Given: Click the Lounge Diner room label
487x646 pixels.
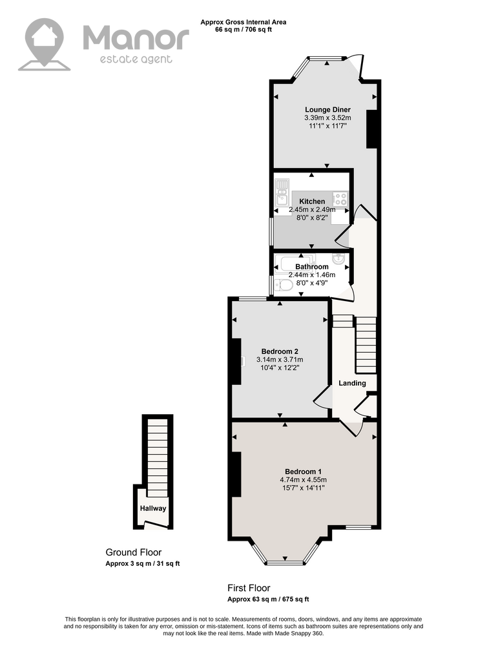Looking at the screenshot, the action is pyautogui.click(x=327, y=110).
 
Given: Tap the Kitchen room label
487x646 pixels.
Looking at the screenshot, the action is pyautogui.click(x=312, y=202).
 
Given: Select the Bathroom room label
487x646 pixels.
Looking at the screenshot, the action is pyautogui.click(x=312, y=267).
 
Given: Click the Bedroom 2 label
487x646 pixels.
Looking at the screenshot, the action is pyautogui.click(x=280, y=351).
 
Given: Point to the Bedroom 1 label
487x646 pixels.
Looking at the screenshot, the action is pyautogui.click(x=303, y=472).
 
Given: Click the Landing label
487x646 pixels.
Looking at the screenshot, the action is pyautogui.click(x=352, y=383).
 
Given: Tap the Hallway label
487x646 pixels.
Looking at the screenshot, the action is pyautogui.click(x=153, y=508).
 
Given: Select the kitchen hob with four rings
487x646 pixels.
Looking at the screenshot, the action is pyautogui.click(x=340, y=199).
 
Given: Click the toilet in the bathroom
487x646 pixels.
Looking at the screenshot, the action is pyautogui.click(x=282, y=285).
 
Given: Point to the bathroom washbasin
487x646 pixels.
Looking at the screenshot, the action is pyautogui.click(x=339, y=260).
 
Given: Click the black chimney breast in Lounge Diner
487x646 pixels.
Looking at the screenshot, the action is pyautogui.click(x=371, y=129).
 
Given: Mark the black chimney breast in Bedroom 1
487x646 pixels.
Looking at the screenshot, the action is pyautogui.click(x=236, y=474).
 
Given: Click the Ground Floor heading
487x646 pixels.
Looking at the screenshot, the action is pyautogui.click(x=134, y=552).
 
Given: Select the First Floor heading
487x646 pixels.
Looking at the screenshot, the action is pyautogui.click(x=249, y=589).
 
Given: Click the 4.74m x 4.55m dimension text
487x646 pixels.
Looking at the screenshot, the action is pyautogui.click(x=303, y=480).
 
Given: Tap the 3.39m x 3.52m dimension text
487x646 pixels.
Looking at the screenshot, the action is pyautogui.click(x=327, y=118).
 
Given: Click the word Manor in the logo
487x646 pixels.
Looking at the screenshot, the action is pyautogui.click(x=136, y=38).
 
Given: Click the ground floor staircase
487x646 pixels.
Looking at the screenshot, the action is pyautogui.click(x=158, y=458).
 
